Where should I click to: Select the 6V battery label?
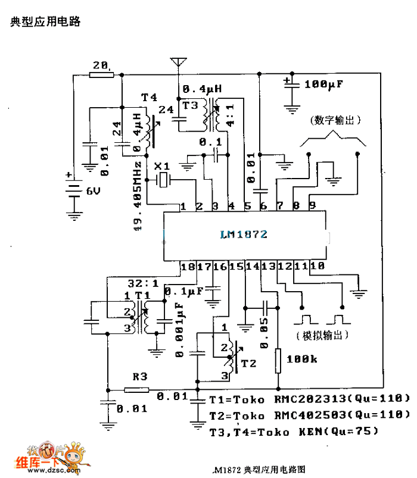[94, 191]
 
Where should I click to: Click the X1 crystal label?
[161, 167]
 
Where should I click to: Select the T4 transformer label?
[148, 97]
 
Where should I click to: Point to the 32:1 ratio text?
[139, 283]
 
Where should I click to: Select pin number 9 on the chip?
[312, 206]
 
